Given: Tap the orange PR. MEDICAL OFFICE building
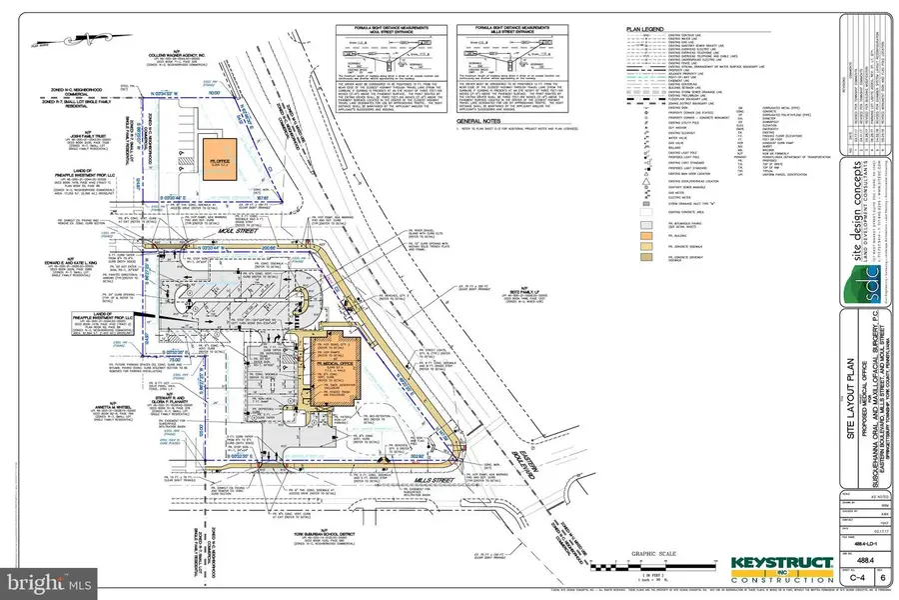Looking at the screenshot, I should click(x=325, y=370).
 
